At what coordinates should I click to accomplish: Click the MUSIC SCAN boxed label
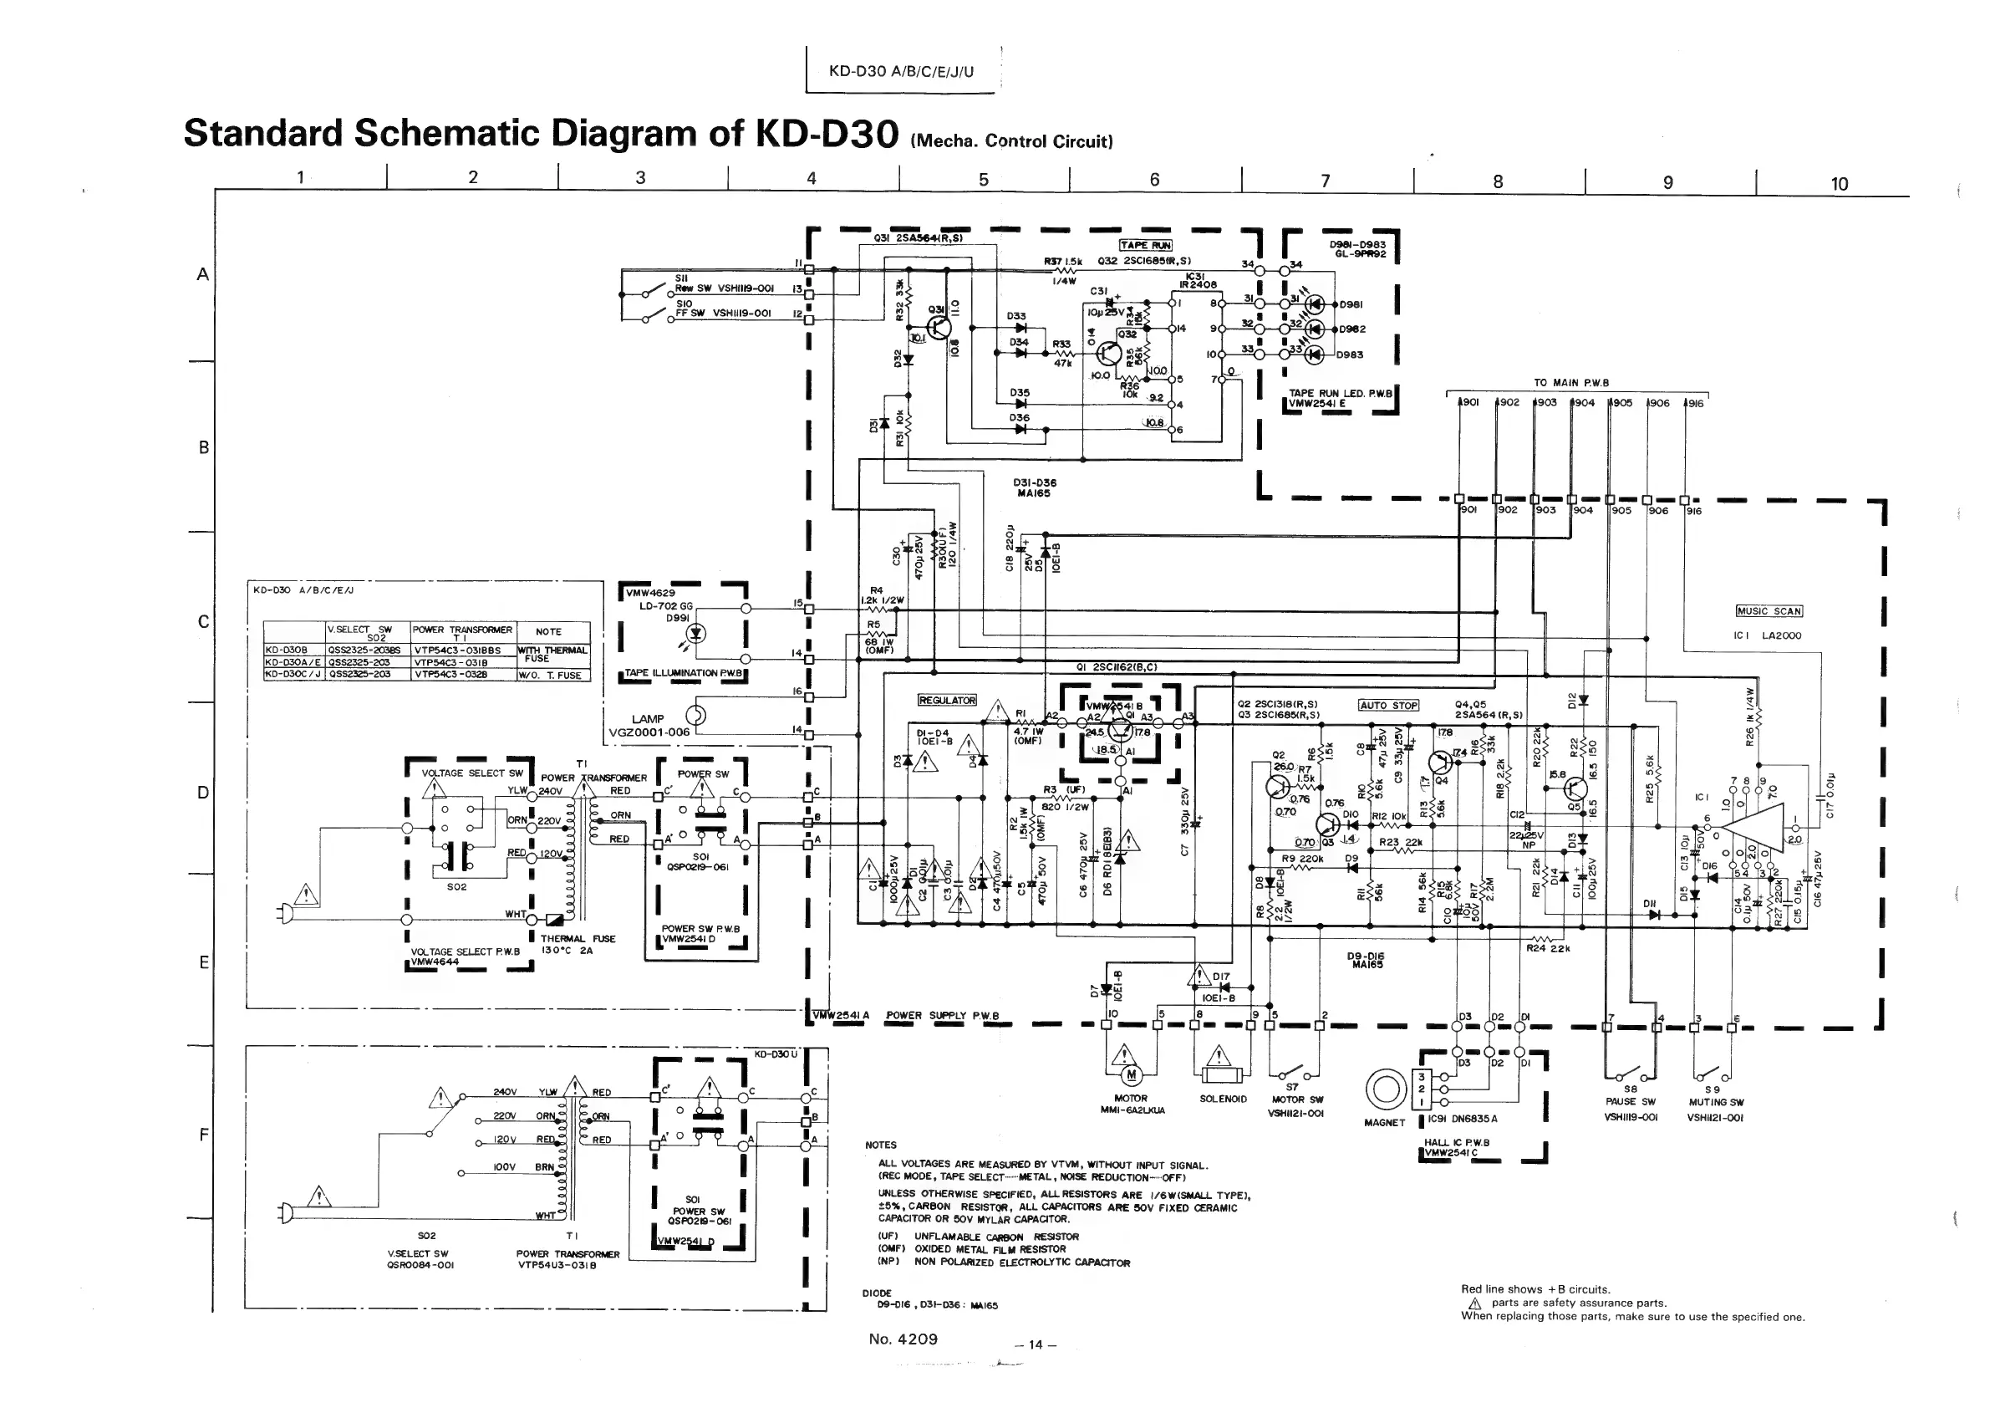tap(1769, 611)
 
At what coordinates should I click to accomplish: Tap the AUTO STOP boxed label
tap(1387, 705)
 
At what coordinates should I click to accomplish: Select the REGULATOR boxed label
tap(946, 700)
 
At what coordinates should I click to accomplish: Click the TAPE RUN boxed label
tap(1145, 245)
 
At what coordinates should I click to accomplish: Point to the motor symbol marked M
tap(1130, 1076)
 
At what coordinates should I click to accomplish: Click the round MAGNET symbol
tap(1384, 1088)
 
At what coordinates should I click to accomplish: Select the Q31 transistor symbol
tap(939, 327)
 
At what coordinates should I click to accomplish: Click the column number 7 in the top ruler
tap(1326, 181)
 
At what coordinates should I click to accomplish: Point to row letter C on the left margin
tap(204, 621)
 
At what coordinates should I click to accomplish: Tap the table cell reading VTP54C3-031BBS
tap(463, 650)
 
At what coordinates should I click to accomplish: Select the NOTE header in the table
tap(547, 631)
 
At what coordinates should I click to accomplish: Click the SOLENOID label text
tap(1223, 1099)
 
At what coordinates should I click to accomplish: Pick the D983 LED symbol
tap(1316, 354)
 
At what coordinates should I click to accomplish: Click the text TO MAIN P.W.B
tap(1571, 382)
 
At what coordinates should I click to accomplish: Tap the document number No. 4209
tap(903, 1339)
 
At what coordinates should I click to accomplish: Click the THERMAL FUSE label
tap(578, 939)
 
